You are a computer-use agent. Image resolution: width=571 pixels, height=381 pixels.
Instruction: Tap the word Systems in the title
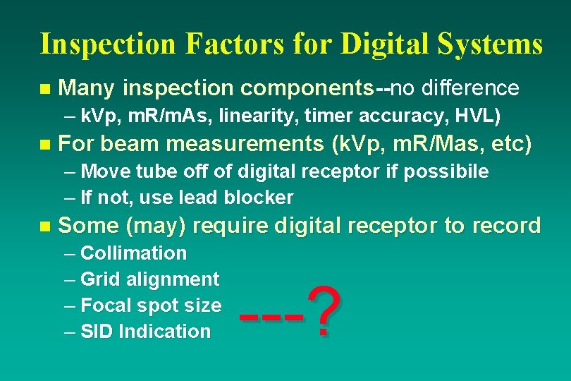click(496, 43)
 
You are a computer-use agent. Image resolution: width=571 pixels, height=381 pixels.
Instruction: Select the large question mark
click(324, 310)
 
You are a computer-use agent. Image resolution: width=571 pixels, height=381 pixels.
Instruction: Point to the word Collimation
click(134, 253)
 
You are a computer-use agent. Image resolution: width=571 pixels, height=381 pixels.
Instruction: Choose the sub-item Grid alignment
click(149, 279)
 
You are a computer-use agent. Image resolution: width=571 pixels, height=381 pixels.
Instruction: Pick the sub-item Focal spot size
click(151, 306)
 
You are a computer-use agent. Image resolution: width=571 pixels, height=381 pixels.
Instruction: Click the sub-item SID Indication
click(145, 331)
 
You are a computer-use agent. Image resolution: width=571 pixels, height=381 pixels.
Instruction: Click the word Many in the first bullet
click(88, 88)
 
